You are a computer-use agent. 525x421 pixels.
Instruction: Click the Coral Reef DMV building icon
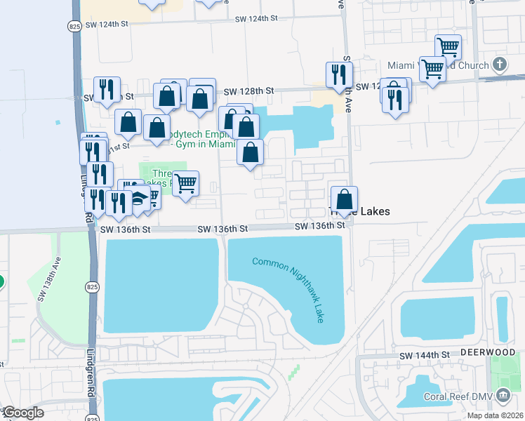pyautogui.click(x=503, y=396)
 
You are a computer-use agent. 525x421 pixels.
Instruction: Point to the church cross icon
pyautogui.click(x=500, y=65)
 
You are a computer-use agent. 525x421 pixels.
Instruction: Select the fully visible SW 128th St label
pyautogui.click(x=248, y=91)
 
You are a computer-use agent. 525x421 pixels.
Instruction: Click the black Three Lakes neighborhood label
pyautogui.click(x=370, y=211)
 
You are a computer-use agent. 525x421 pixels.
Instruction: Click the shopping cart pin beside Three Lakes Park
pyautogui.click(x=185, y=184)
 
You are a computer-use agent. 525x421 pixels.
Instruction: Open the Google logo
pyautogui.click(x=22, y=413)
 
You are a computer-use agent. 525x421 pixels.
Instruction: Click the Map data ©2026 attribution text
pyautogui.click(x=496, y=415)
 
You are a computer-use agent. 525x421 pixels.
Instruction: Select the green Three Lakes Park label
pyautogui.click(x=159, y=179)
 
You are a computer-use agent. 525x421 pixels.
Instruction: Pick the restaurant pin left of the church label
pyautogui.click(x=395, y=98)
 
